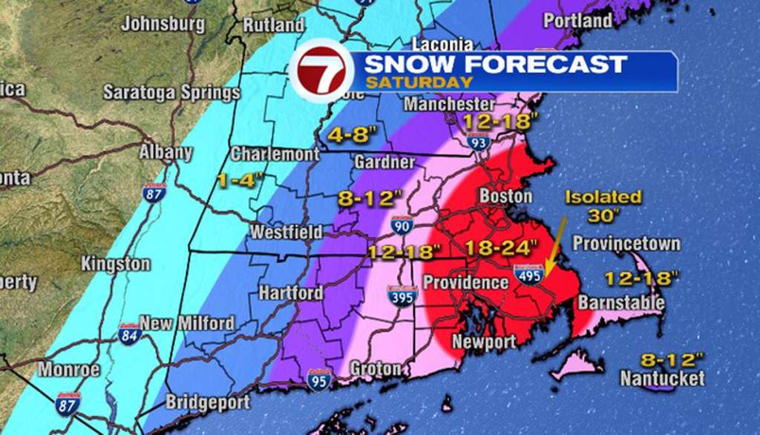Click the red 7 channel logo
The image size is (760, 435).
[321, 73]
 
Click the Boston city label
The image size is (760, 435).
[507, 197]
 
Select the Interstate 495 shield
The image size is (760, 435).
[531, 274]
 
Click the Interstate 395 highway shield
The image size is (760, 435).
[402, 296]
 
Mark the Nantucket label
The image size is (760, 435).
[663, 379]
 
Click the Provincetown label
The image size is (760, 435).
[626, 244]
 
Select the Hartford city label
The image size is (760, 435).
[291, 292]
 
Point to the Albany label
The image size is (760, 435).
[166, 153]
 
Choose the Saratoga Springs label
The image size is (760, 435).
[171, 93]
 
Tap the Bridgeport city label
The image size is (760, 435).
[205, 402]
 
